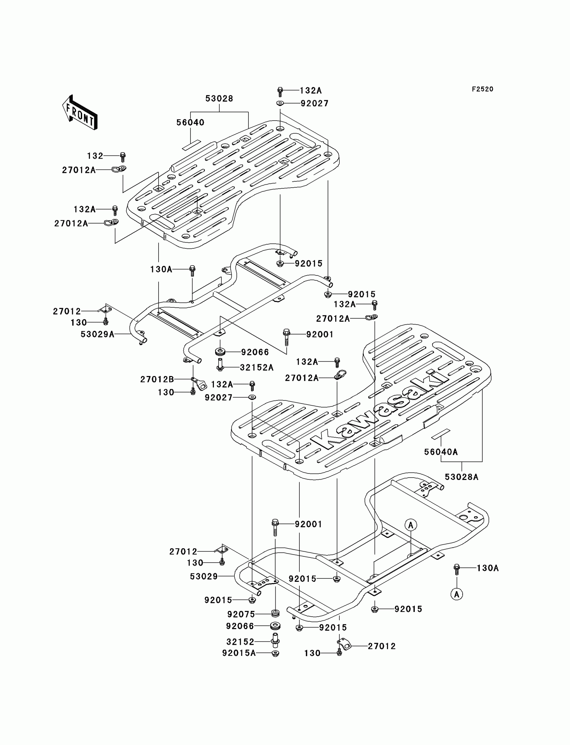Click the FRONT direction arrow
pyautogui.click(x=80, y=112)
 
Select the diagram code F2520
pyautogui.click(x=482, y=89)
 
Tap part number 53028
pyautogui.click(x=219, y=99)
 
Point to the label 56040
pyautogui.click(x=190, y=122)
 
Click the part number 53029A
pyautogui.click(x=97, y=334)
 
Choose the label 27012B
pyautogui.click(x=157, y=379)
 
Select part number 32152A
pyautogui.click(x=256, y=368)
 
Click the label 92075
pyautogui.click(x=241, y=614)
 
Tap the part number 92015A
pyautogui.click(x=239, y=653)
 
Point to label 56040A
pyautogui.click(x=441, y=452)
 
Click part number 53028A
pyautogui.click(x=461, y=477)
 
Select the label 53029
pyautogui.click(x=204, y=576)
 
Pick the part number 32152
pyautogui.click(x=240, y=641)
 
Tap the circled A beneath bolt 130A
pyautogui.click(x=457, y=594)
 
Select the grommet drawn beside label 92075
pyautogui.click(x=275, y=613)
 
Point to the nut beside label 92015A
pyautogui.click(x=276, y=653)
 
